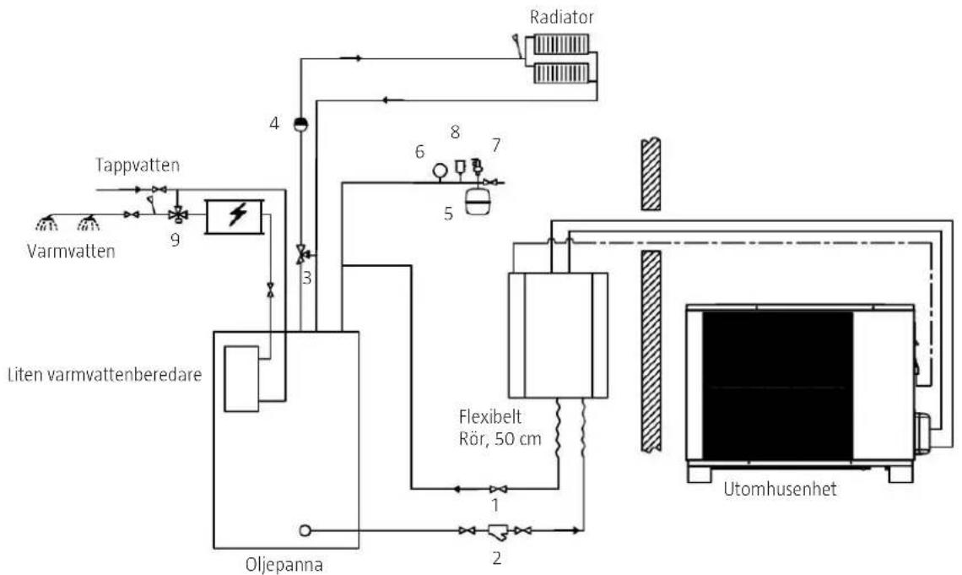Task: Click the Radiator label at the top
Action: [x=561, y=17]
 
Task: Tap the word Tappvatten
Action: [x=138, y=165]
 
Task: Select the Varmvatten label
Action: [x=71, y=251]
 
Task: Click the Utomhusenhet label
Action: [x=780, y=489]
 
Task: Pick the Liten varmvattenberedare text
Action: [x=105, y=374]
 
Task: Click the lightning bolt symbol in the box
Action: [x=237, y=214]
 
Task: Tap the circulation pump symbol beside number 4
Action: [x=300, y=124]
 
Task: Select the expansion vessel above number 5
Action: [x=476, y=201]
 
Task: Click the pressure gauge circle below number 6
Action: [x=440, y=170]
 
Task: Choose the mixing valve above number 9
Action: [x=178, y=214]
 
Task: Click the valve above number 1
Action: [x=498, y=489]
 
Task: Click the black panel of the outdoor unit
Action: [x=777, y=386]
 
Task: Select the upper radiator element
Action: [x=561, y=44]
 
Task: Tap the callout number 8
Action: [x=455, y=132]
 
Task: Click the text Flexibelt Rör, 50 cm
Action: [x=500, y=428]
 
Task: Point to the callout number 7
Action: [x=495, y=145]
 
